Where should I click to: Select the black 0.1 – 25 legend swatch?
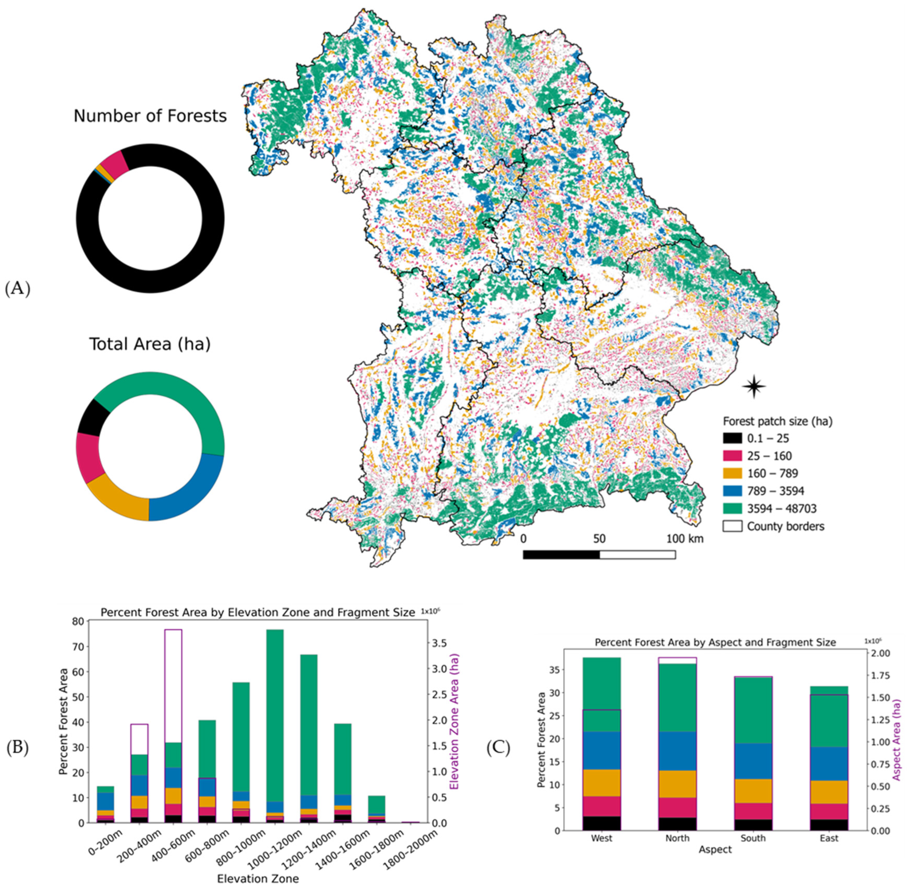pos(732,439)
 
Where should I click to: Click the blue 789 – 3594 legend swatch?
pos(732,491)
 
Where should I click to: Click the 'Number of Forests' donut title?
pos(150,116)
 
